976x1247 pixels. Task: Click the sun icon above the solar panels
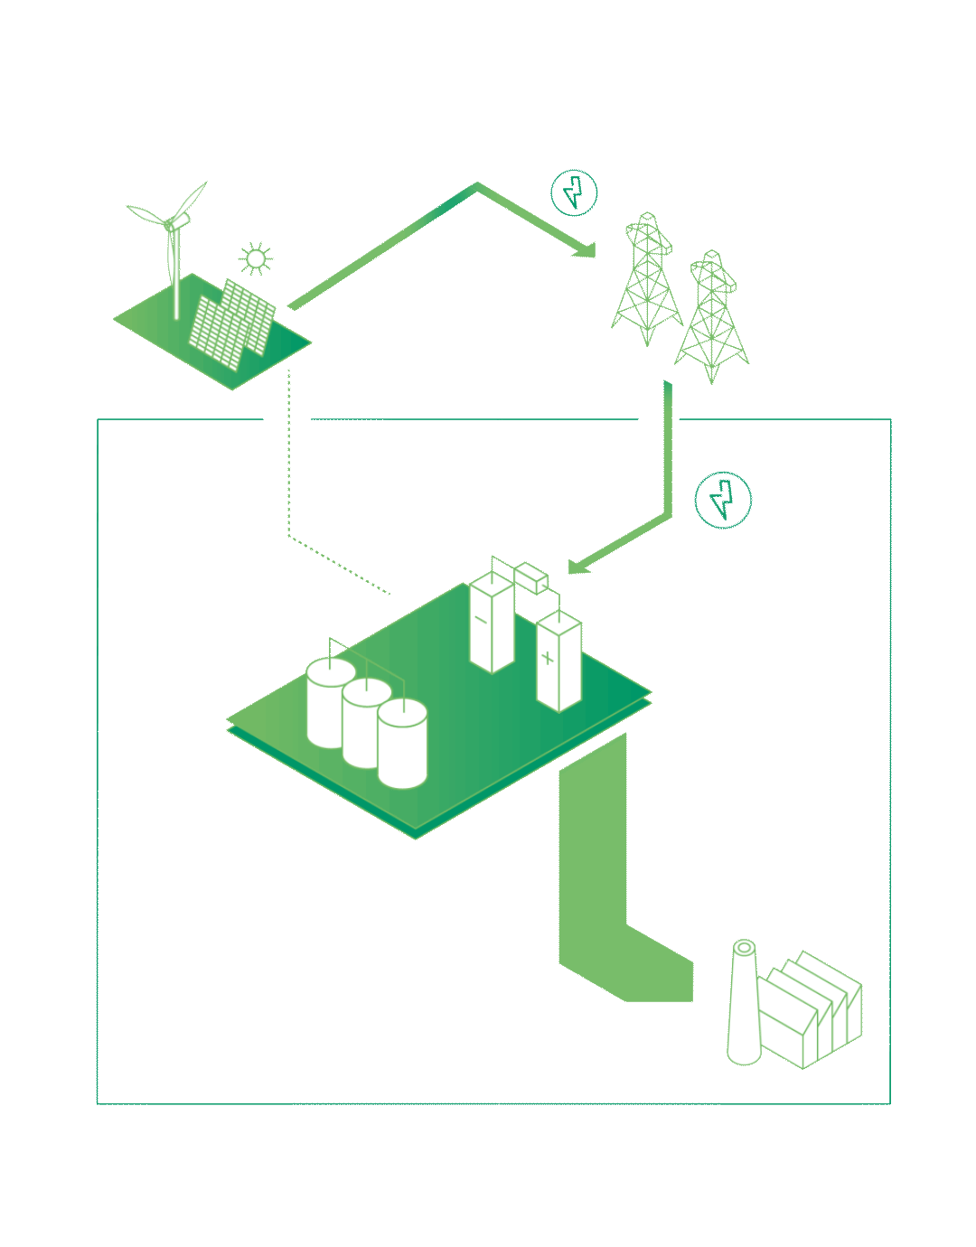coord(256,259)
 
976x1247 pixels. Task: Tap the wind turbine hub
coord(171,223)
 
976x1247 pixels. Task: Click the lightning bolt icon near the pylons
coord(574,192)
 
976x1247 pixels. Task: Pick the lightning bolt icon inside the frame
coord(723,500)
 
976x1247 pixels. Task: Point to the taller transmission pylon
coord(647,280)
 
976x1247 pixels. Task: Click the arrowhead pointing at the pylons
coord(586,249)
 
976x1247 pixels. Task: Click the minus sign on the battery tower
coord(482,621)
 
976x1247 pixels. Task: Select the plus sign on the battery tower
coord(547,658)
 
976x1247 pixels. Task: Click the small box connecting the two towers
coord(530,577)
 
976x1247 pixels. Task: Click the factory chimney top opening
coord(744,948)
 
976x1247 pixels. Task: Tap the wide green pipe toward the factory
coord(593,867)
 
